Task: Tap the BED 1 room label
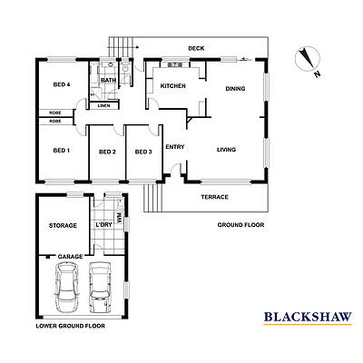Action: coord(61,151)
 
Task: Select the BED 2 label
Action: coord(107,152)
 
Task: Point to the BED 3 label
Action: coord(142,152)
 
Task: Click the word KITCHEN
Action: coord(173,86)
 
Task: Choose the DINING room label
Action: coord(235,89)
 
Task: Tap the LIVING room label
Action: coord(228,151)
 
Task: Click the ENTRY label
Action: coord(175,147)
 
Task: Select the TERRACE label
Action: coord(214,197)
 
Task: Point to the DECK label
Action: coord(195,49)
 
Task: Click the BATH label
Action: coord(108,80)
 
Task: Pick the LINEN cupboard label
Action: coord(105,105)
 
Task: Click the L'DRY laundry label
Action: coord(115,225)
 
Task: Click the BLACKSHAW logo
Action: coord(308,318)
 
